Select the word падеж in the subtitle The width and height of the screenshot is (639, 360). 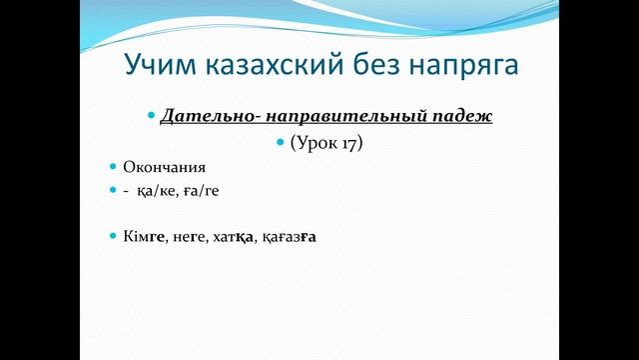(465, 116)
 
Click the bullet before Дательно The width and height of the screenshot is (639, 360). (151, 116)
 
